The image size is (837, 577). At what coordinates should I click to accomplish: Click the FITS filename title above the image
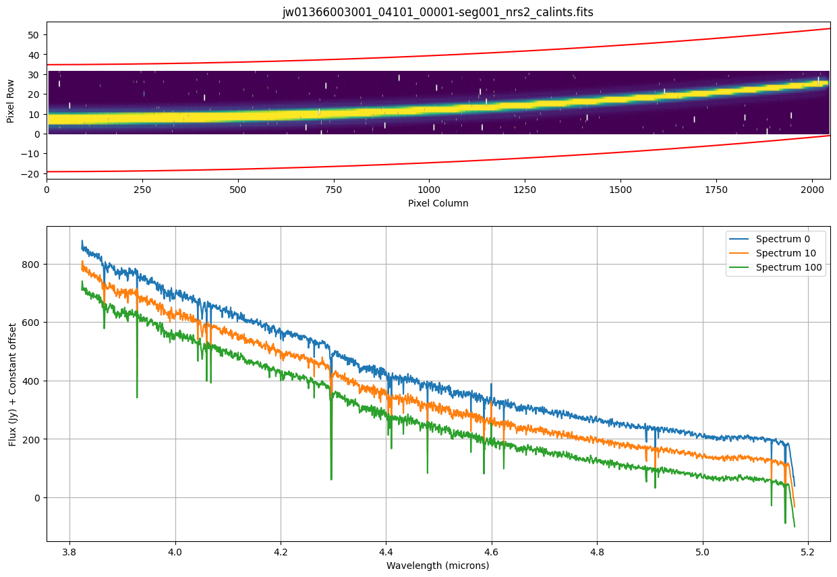(x=438, y=12)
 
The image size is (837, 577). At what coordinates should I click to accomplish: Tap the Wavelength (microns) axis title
(x=438, y=566)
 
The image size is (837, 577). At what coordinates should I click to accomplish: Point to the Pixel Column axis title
(x=438, y=202)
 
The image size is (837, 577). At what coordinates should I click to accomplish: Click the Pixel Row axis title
(x=11, y=101)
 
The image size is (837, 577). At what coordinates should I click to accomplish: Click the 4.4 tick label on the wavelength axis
(x=386, y=551)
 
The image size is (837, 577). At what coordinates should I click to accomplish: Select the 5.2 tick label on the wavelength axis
(x=809, y=551)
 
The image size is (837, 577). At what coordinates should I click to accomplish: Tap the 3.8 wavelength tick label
(x=69, y=551)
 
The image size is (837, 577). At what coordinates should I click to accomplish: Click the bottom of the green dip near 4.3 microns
(x=331, y=479)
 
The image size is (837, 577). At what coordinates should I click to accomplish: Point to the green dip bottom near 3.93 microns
(x=137, y=397)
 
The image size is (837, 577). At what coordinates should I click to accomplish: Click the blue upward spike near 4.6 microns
(x=491, y=385)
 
